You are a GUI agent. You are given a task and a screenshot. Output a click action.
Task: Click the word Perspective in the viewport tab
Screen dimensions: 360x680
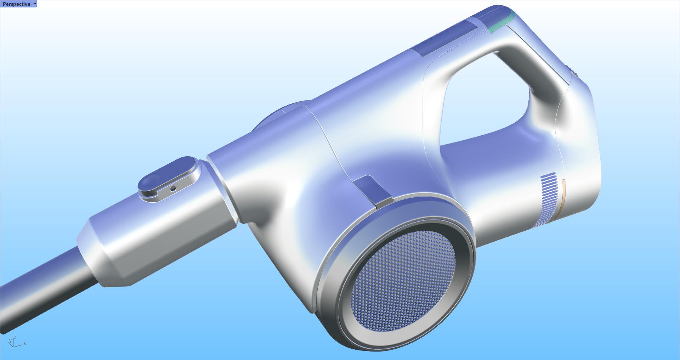(16, 4)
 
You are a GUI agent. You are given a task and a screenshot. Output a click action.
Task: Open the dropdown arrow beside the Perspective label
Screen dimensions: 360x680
(35, 4)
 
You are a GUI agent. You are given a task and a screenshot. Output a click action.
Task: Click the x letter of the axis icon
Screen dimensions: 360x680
(25, 344)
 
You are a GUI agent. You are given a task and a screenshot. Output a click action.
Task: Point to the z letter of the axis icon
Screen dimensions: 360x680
(15, 338)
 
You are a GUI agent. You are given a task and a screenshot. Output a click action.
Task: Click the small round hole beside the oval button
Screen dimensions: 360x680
(173, 189)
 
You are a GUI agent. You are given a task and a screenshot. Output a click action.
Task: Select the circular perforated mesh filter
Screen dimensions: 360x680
(404, 280)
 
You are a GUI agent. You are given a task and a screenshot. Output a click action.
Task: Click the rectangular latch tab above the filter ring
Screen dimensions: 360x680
(374, 190)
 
